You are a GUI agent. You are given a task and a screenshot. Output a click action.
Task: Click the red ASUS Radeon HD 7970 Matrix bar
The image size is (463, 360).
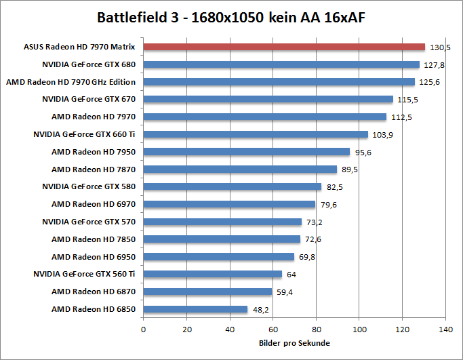point(284,47)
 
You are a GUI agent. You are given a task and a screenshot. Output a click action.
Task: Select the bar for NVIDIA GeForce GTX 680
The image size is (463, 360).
point(281,64)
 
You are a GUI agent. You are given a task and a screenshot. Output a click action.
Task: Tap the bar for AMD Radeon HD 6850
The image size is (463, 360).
point(195,309)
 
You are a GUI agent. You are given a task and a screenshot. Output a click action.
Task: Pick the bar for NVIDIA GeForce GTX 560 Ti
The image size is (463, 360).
point(212,274)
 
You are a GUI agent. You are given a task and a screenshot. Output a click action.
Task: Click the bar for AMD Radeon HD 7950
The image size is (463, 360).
point(247,152)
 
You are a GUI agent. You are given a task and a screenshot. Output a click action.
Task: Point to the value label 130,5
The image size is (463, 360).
point(440,47)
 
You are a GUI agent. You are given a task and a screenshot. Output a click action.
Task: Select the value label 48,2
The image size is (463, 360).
point(262,310)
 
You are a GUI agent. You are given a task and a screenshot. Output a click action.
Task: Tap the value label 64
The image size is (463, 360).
point(291,275)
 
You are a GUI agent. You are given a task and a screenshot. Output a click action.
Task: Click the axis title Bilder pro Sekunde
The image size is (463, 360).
point(295,343)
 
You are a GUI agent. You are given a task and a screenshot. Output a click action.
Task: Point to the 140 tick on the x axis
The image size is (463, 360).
point(445,329)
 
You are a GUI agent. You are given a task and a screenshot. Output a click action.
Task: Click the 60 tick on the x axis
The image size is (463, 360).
point(273,329)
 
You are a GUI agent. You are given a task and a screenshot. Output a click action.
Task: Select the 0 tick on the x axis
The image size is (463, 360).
point(143,329)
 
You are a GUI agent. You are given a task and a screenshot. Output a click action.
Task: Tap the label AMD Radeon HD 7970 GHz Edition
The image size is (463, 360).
point(71,82)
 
